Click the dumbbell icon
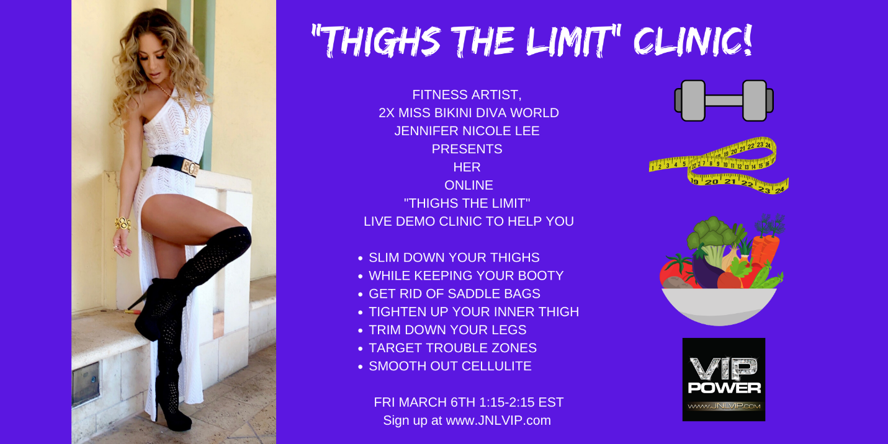click(x=724, y=100)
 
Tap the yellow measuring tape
click(x=719, y=166)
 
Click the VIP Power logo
click(x=724, y=380)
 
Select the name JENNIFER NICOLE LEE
click(x=467, y=131)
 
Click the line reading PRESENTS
click(x=467, y=149)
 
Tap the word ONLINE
click(x=469, y=185)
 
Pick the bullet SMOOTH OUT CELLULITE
click(x=450, y=366)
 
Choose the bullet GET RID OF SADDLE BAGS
click(x=454, y=293)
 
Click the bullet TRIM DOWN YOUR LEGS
click(x=447, y=329)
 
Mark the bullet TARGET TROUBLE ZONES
click(x=453, y=348)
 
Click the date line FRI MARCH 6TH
click(x=469, y=402)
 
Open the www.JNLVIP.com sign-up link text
click(x=498, y=420)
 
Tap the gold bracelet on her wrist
click(x=123, y=224)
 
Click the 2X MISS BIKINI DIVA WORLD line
click(x=469, y=113)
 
